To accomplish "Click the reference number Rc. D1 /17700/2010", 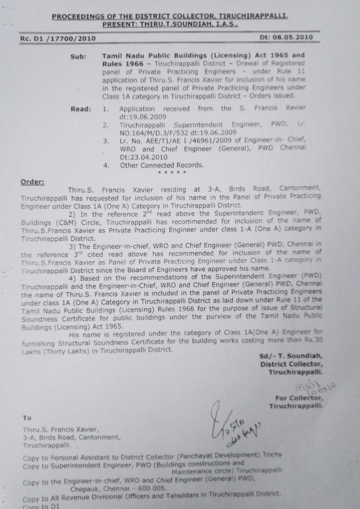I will pyautogui.click(x=58, y=39).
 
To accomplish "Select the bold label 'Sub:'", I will pyautogui.click(x=78, y=56).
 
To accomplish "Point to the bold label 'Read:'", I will pyautogui.click(x=81, y=109).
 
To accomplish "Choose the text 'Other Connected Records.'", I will pyautogui.click(x=162, y=165).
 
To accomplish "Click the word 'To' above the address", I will pyautogui.click(x=27, y=418).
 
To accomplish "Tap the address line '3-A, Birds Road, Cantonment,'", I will pyautogui.click(x=71, y=438).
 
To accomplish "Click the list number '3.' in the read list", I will pyautogui.click(x=106, y=141).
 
